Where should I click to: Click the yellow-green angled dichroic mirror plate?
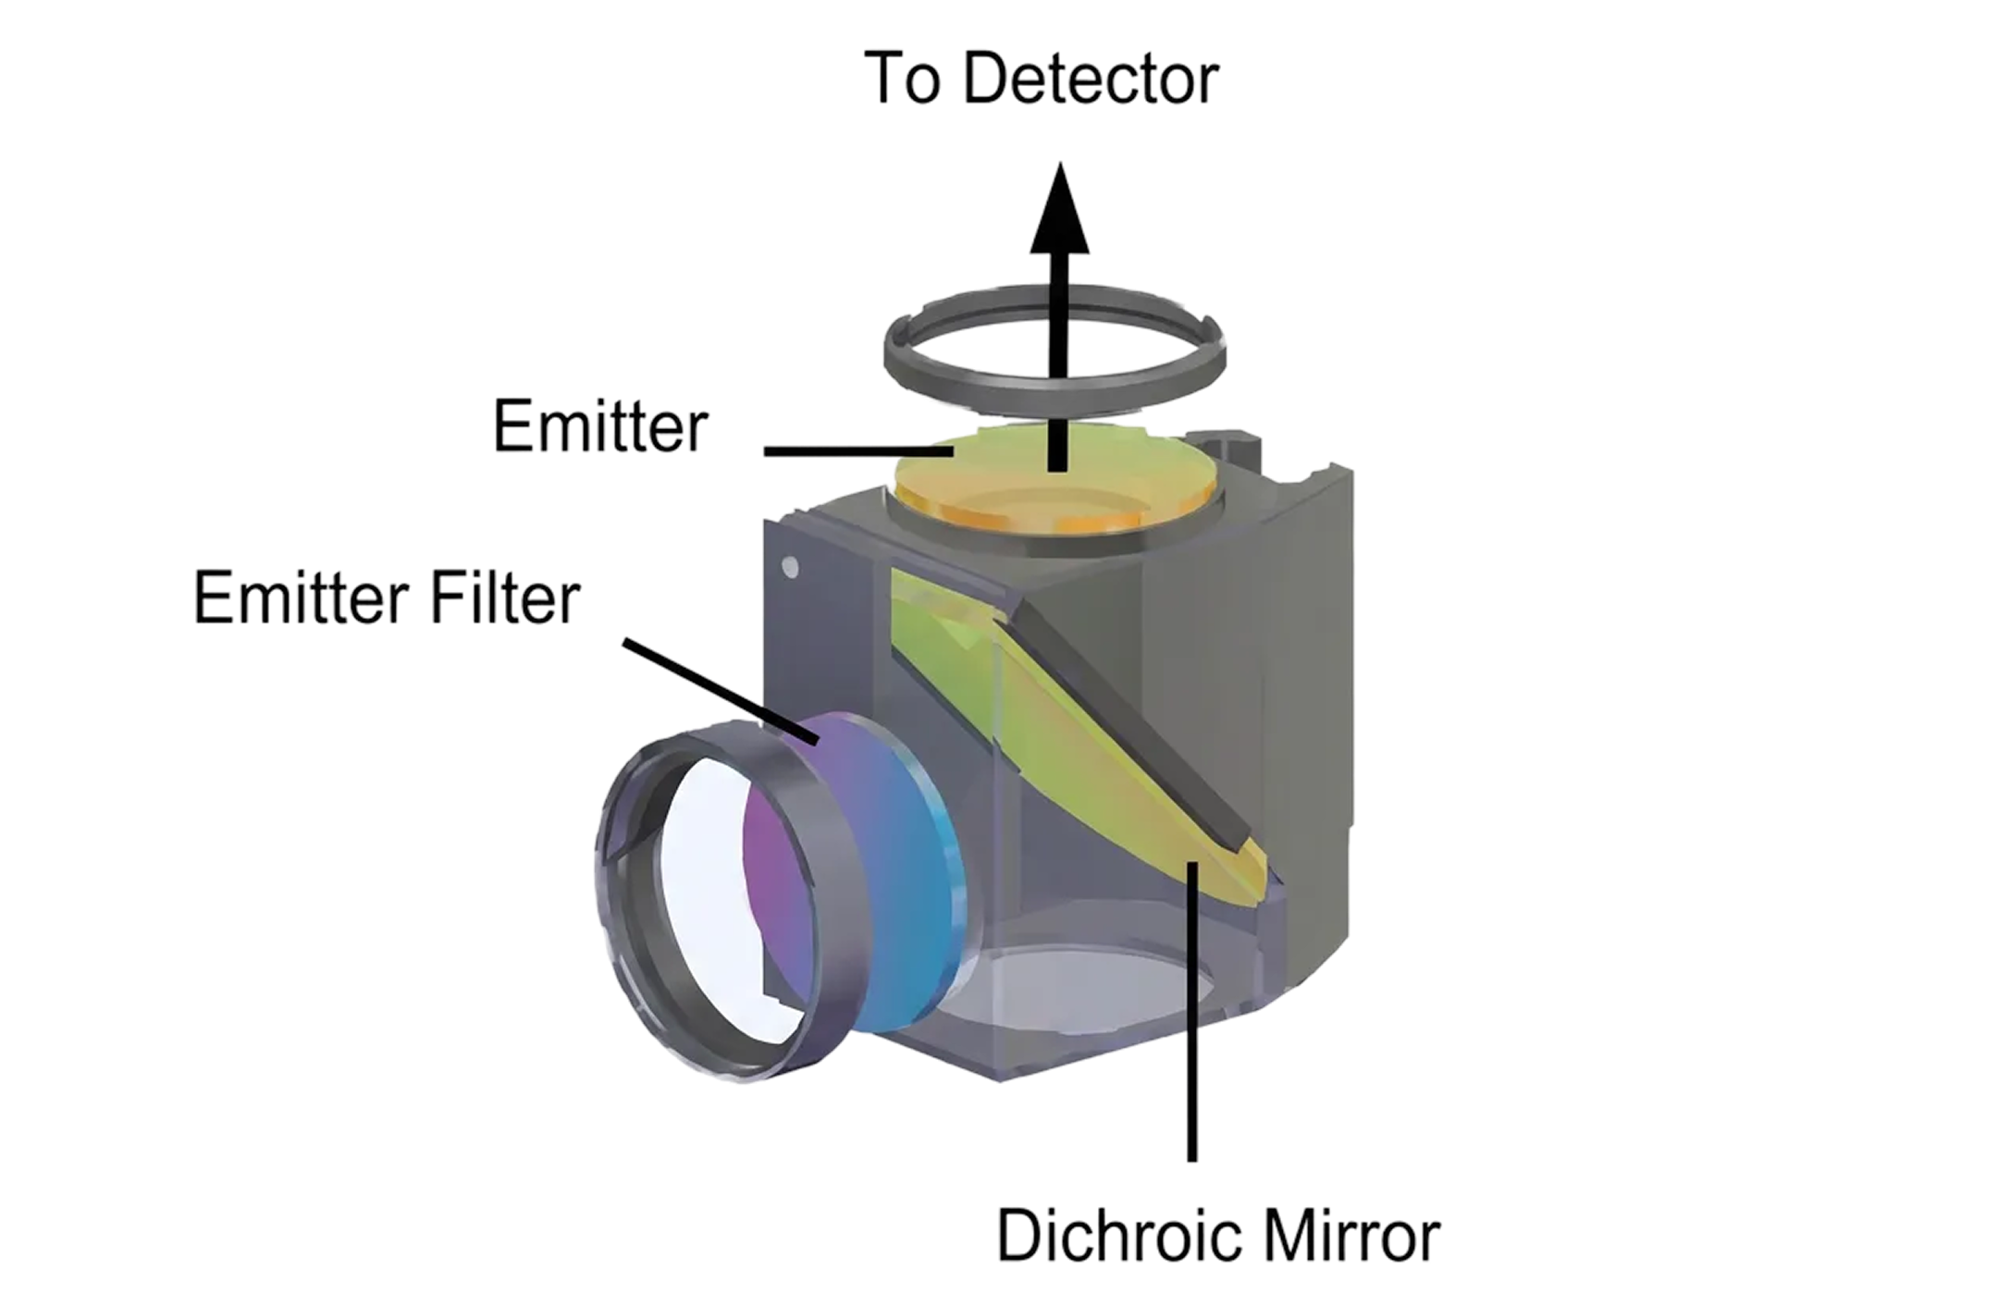click(x=1091, y=740)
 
